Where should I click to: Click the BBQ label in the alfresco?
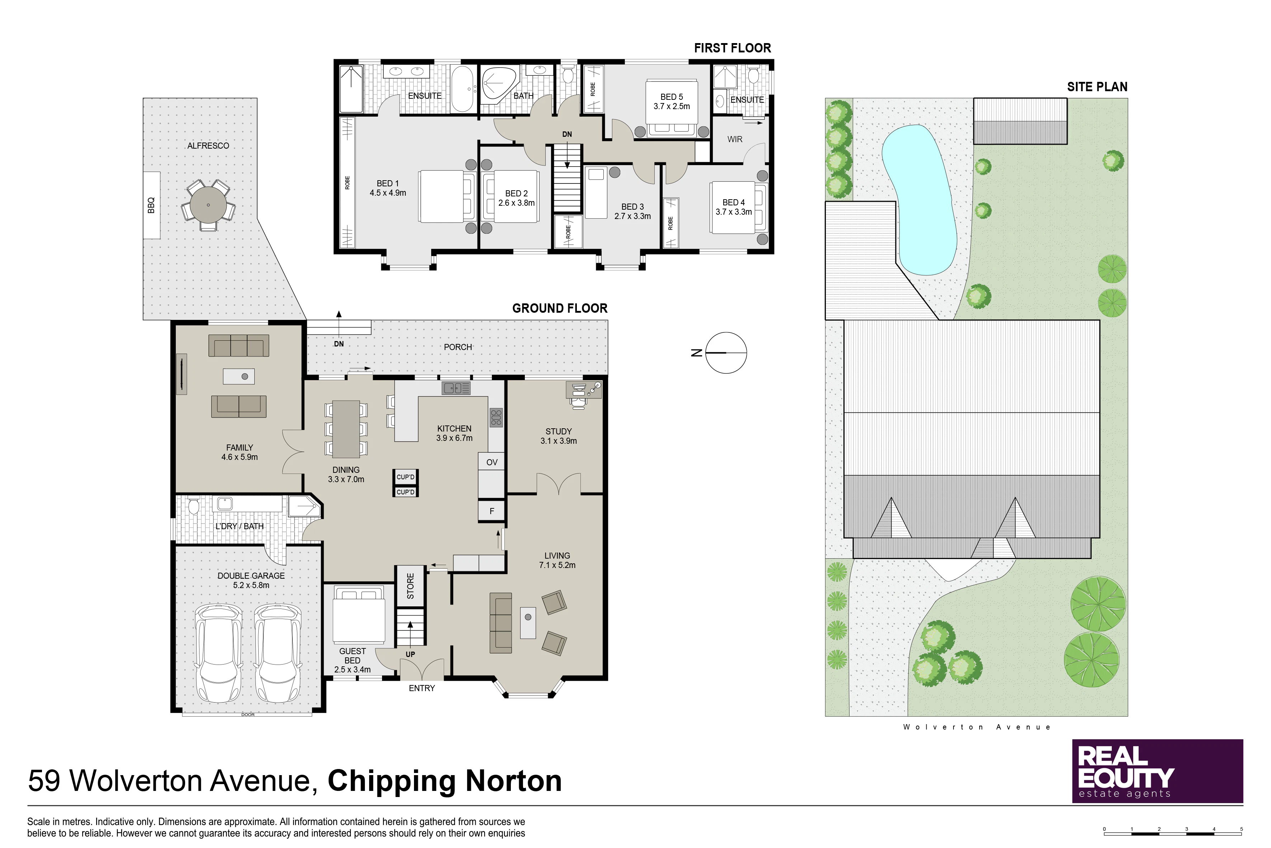[x=151, y=205]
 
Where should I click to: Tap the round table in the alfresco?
[x=208, y=205]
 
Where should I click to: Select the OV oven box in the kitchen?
[x=491, y=462]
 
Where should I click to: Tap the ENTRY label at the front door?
[x=422, y=688]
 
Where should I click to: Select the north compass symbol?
[x=726, y=353]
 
